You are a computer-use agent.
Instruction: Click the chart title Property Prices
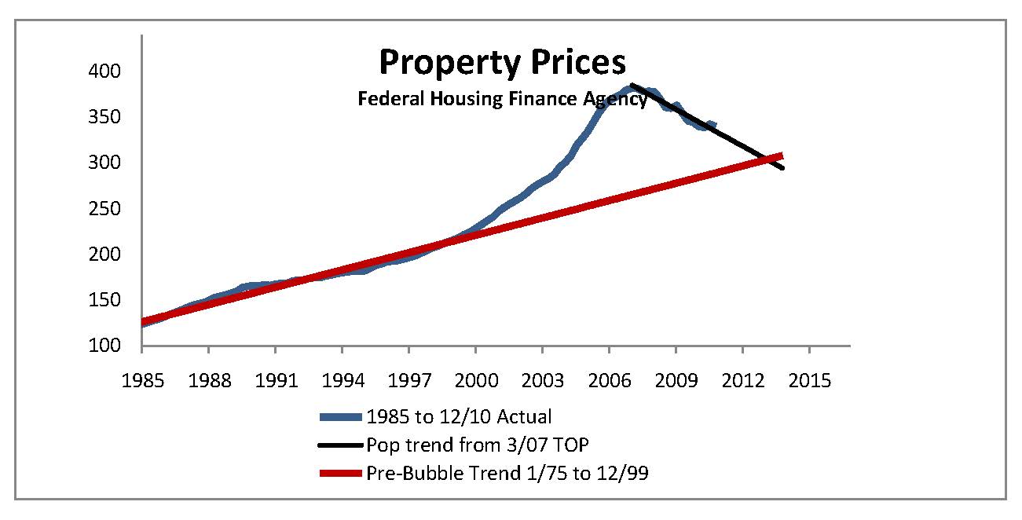pos(502,63)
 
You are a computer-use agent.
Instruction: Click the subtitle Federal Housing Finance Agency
pos(503,99)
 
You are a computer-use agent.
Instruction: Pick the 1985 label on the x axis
pos(142,381)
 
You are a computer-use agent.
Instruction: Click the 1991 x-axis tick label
pos(276,381)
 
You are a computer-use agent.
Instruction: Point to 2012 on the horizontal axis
pos(742,381)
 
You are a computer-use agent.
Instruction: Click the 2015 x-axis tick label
pos(809,381)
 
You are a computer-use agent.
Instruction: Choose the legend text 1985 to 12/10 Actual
pos(459,416)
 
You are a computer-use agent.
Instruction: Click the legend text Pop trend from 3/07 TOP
pos(478,445)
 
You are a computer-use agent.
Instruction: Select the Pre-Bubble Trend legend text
pos(507,473)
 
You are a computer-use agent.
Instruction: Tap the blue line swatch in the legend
pos(340,416)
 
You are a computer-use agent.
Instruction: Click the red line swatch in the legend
pos(340,473)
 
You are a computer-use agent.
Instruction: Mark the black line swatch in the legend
pos(340,445)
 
